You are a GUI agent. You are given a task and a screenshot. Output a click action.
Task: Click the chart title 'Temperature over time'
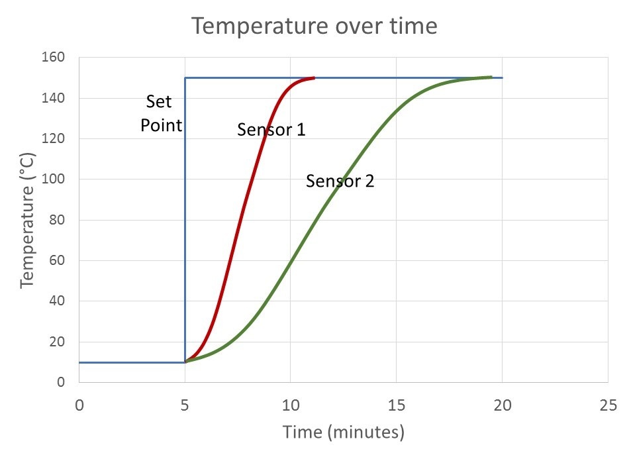pyautogui.click(x=314, y=26)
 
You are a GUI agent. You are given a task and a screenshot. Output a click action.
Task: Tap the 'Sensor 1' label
pyautogui.click(x=271, y=130)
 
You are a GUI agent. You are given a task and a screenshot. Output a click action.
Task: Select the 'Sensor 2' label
pyautogui.click(x=340, y=181)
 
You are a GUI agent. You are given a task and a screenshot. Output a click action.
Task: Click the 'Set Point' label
pyautogui.click(x=161, y=113)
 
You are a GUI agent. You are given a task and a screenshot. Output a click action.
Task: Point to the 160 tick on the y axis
pyautogui.click(x=54, y=58)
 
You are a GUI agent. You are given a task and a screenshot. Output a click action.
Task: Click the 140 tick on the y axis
pyautogui.click(x=54, y=98)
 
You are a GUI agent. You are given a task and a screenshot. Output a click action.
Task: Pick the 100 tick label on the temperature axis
pyautogui.click(x=54, y=179)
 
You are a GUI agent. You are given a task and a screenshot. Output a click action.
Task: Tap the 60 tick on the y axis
pyautogui.click(x=58, y=261)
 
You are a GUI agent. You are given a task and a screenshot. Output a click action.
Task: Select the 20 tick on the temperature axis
pyautogui.click(x=58, y=342)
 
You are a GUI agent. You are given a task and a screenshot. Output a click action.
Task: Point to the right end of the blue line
pyautogui.click(x=502, y=78)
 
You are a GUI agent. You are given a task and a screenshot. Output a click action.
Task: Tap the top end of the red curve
pyautogui.click(x=313, y=78)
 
